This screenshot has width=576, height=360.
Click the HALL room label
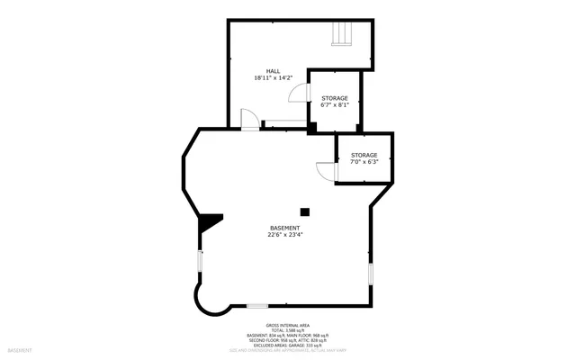[x=273, y=71]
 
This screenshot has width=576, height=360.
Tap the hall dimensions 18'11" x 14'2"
[x=273, y=78]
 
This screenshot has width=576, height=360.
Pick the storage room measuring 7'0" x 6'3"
[x=364, y=158]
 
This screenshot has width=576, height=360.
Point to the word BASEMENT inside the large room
[x=285, y=228]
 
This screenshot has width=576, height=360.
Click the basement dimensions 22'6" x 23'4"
[x=285, y=235]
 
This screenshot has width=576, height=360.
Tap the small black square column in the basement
[x=305, y=211]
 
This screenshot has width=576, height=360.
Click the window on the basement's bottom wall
[x=257, y=306]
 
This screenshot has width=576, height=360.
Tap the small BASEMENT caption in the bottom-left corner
[x=20, y=349]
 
